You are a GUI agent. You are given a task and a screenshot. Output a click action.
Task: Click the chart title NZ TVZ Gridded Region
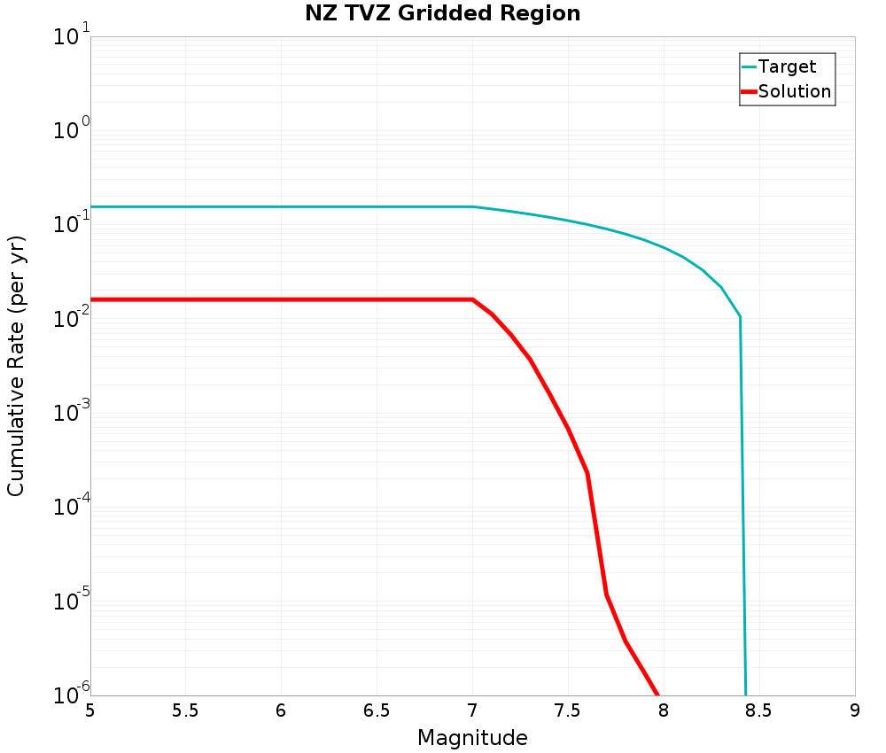pyautogui.click(x=443, y=14)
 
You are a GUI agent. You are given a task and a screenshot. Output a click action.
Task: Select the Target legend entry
pyautogui.click(x=787, y=66)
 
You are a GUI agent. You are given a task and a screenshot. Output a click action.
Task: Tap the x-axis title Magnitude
pyautogui.click(x=472, y=737)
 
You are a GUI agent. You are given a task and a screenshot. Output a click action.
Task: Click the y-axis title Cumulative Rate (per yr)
pyautogui.click(x=16, y=366)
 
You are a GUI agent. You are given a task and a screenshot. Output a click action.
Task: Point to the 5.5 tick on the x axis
pyautogui.click(x=185, y=710)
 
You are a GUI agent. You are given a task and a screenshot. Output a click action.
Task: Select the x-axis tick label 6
pyautogui.click(x=281, y=710)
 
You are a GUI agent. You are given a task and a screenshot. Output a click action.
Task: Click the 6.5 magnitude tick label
pyautogui.click(x=377, y=710)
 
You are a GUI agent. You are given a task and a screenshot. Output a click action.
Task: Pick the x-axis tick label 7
pyautogui.click(x=472, y=710)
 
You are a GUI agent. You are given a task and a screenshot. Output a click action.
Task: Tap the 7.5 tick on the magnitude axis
pyautogui.click(x=568, y=710)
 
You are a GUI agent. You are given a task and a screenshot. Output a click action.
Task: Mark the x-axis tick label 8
pyautogui.click(x=664, y=710)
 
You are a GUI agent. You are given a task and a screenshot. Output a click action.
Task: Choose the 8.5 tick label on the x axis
pyautogui.click(x=759, y=710)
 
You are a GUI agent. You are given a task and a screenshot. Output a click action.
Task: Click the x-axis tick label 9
pyautogui.click(x=855, y=710)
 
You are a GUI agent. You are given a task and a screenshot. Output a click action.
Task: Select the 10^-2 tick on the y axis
pyautogui.click(x=66, y=319)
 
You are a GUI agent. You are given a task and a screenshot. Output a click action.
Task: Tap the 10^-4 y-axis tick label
pyautogui.click(x=66, y=508)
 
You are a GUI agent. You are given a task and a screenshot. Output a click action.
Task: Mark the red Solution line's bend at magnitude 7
pyautogui.click(x=472, y=299)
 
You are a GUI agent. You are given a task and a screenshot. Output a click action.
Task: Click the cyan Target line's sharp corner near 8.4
pyautogui.click(x=740, y=316)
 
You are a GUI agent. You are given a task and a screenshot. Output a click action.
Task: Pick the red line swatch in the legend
pyautogui.click(x=749, y=91)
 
